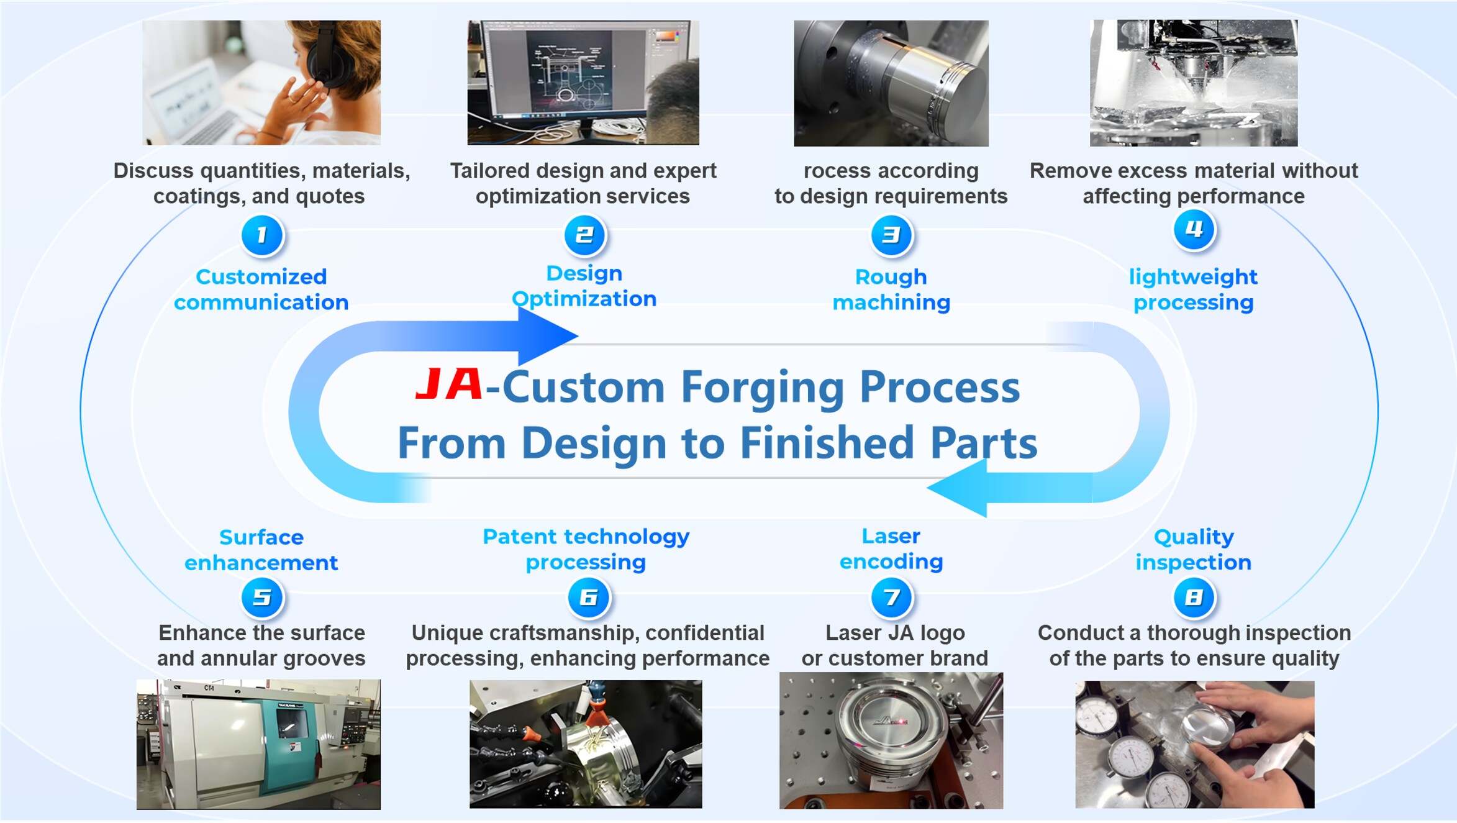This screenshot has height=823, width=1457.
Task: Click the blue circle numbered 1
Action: point(262,235)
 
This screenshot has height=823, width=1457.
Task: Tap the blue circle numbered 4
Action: point(1194,230)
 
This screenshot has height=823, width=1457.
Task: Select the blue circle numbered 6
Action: point(589,598)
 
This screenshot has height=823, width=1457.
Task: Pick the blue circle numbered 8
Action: point(1194,598)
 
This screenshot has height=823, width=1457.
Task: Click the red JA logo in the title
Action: point(449,384)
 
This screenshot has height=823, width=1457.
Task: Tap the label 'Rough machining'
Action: point(891,289)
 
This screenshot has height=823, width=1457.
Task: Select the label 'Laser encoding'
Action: point(891,549)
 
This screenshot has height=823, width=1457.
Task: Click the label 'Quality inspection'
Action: point(1194,550)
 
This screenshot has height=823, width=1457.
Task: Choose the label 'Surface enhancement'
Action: point(261,550)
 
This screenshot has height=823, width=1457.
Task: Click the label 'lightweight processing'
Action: point(1194,289)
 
